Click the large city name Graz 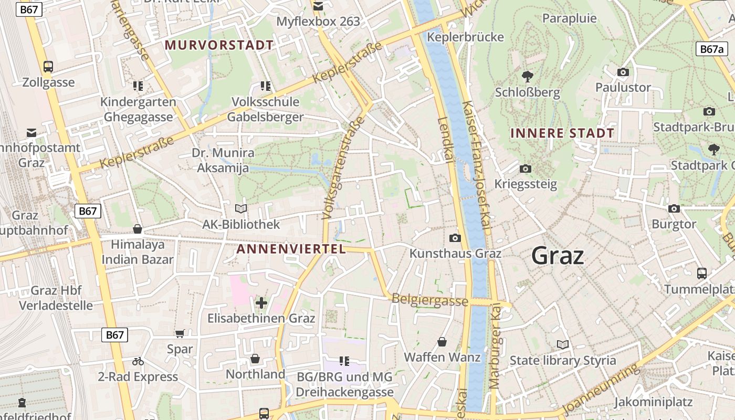pyautogui.click(x=558, y=256)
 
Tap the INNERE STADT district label pyautogui.click(x=562, y=133)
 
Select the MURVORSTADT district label pyautogui.click(x=219, y=45)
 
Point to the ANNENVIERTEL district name pyautogui.click(x=291, y=249)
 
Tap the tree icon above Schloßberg pyautogui.click(x=527, y=76)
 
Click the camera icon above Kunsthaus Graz pyautogui.click(x=455, y=238)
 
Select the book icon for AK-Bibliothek pyautogui.click(x=241, y=209)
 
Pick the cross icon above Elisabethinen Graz pyautogui.click(x=261, y=302)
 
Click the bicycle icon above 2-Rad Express pyautogui.click(x=138, y=361)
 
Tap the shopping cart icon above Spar pyautogui.click(x=180, y=333)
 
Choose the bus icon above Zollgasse pyautogui.click(x=48, y=67)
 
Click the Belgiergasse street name pyautogui.click(x=429, y=300)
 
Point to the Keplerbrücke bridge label pyautogui.click(x=465, y=37)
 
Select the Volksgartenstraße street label pyautogui.click(x=343, y=168)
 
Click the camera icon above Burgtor pyautogui.click(x=674, y=208)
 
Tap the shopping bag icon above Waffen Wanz pyautogui.click(x=442, y=342)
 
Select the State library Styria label pyautogui.click(x=563, y=361)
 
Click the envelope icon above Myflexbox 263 pyautogui.click(x=318, y=6)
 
